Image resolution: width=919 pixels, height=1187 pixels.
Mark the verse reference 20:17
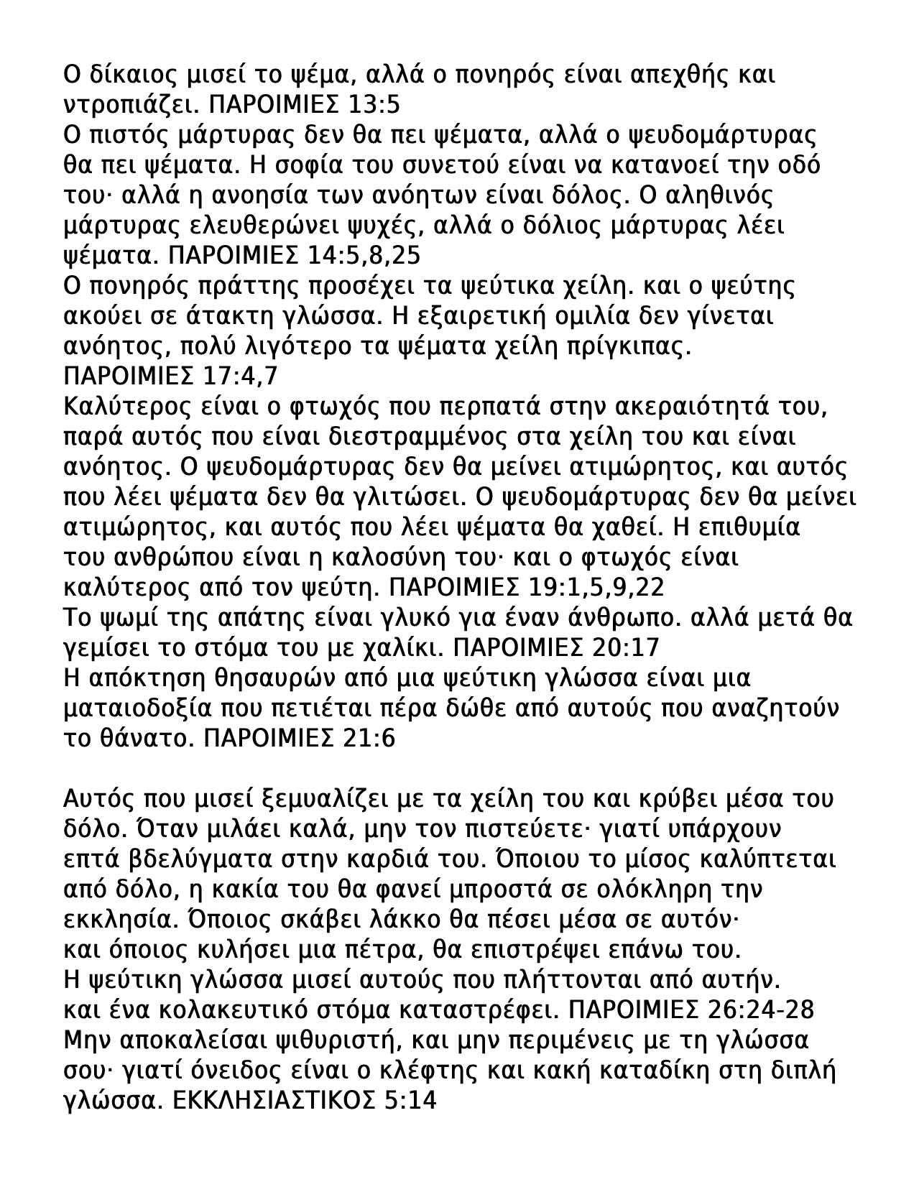(x=627, y=648)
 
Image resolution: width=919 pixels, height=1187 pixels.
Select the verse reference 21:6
(x=369, y=739)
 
